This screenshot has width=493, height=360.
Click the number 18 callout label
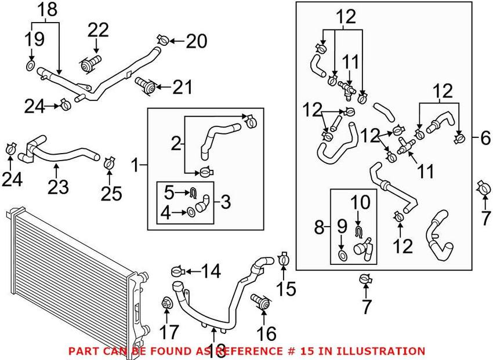click(48, 9)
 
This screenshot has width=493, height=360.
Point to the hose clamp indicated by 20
click(162, 39)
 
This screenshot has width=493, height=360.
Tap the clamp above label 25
click(108, 162)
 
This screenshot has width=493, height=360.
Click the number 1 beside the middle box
click(135, 166)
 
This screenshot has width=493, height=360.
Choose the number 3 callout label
click(226, 202)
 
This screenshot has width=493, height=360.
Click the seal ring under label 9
click(343, 255)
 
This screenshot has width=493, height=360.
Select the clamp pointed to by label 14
click(179, 270)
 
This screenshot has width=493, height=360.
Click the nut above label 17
click(166, 303)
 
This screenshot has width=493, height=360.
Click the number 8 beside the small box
click(319, 227)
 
